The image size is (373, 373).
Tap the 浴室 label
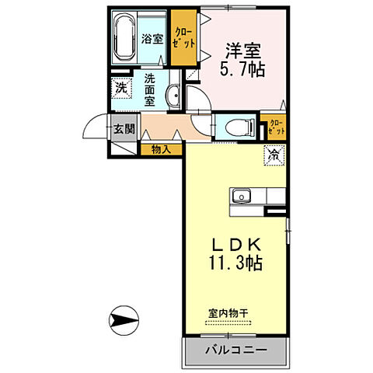(152, 37)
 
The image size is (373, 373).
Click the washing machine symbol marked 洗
(120, 89)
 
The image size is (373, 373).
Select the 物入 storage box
(161, 148)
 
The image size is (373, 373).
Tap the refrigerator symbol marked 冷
(274, 155)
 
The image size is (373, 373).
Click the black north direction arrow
(125, 319)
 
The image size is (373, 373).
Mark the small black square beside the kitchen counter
(276, 209)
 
